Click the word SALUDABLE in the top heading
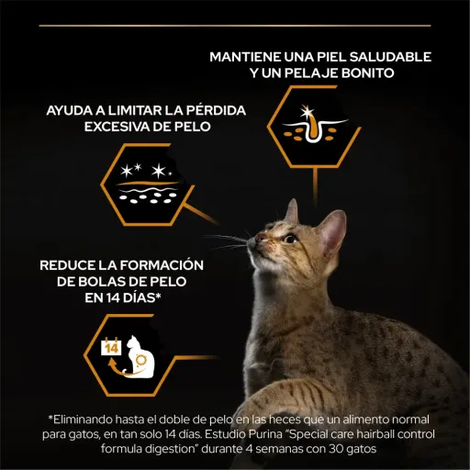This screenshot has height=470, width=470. (390, 57)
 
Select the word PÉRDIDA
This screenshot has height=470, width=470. (216, 110)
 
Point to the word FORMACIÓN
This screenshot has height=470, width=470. (162, 265)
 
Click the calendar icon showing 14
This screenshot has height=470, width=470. (111, 347)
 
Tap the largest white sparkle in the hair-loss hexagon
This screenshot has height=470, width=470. (159, 171)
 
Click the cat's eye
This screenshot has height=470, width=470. (290, 238)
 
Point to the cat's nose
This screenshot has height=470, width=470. (260, 238)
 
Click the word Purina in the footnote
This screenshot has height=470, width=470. (267, 434)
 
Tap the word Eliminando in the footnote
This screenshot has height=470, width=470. (82, 420)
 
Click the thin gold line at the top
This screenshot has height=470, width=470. (235, 26)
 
